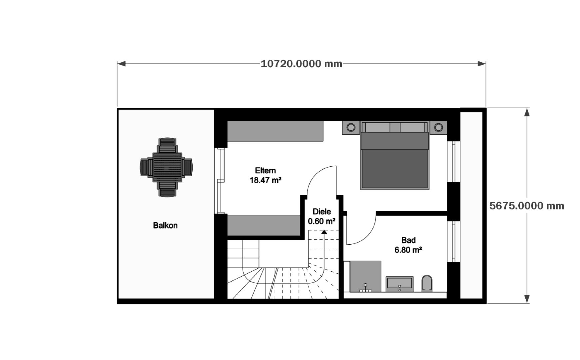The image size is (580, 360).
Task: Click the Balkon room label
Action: [165, 226]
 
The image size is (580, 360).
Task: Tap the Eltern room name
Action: [265, 171]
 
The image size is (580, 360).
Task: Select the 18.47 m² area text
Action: [266, 181]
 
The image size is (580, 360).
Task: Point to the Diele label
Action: [322, 212]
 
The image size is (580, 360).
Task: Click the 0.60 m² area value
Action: [321, 221]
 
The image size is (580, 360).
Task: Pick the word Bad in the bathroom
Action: [408, 240]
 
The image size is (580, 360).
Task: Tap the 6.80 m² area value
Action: [408, 250]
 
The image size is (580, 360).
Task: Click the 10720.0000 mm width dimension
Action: [301, 64]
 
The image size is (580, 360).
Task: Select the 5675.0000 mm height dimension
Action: [527, 206]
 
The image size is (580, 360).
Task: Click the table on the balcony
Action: [167, 167]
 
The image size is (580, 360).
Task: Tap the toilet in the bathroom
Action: [427, 283]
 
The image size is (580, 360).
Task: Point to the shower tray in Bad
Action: [365, 276]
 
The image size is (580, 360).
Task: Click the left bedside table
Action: [351, 127]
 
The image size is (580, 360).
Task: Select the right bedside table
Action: [438, 127]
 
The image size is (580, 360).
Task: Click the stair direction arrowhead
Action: [324, 232]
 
